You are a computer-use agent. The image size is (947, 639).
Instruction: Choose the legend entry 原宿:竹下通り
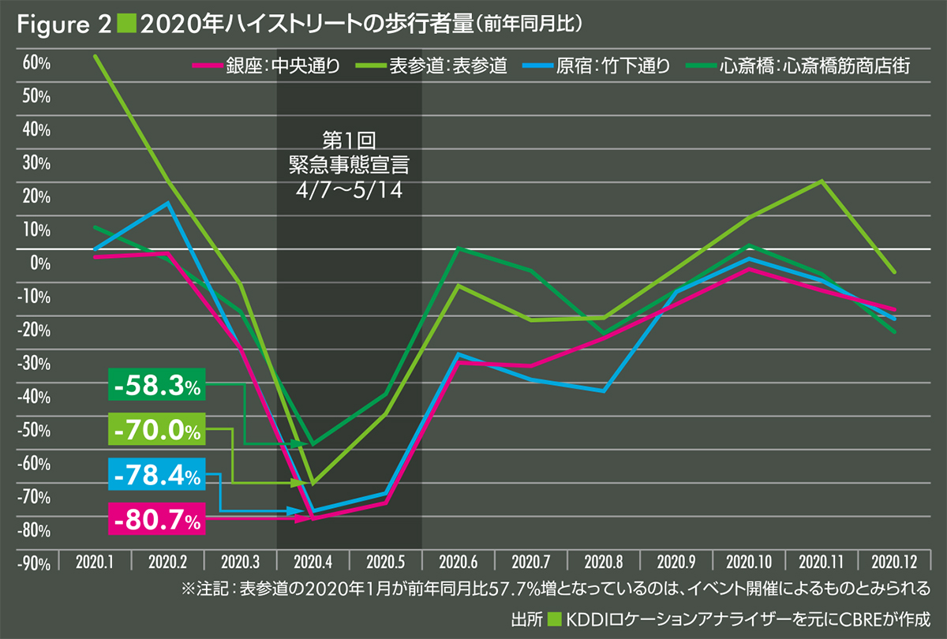pyautogui.click(x=599, y=66)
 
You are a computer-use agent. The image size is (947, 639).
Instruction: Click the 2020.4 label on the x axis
pyautogui.click(x=313, y=562)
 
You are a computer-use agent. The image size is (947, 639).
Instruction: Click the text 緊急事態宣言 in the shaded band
pyautogui.click(x=350, y=165)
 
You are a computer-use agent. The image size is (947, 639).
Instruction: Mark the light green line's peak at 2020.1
pyautogui.click(x=95, y=56)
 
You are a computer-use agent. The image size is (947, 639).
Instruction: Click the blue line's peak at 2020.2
pyautogui.click(x=167, y=203)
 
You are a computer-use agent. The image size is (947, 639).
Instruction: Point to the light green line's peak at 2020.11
pyautogui.click(x=822, y=181)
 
